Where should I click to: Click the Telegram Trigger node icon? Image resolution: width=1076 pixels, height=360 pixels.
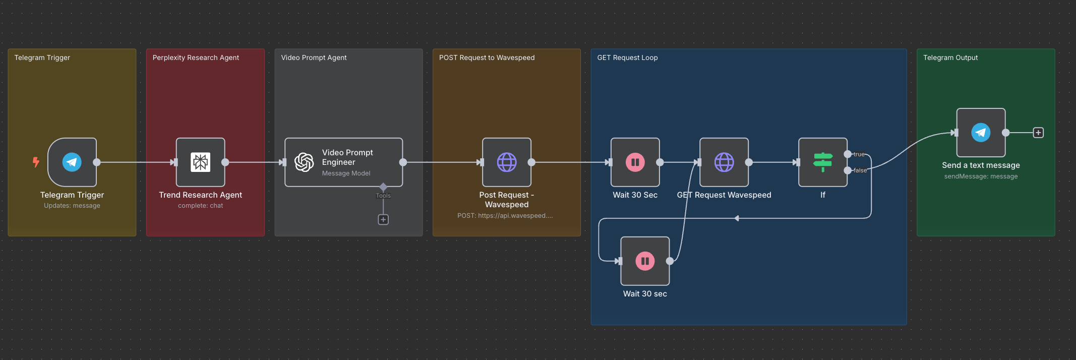[72, 162]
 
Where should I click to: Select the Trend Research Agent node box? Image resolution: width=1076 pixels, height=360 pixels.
[200, 162]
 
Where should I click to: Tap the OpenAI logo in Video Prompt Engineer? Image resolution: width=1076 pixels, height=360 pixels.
[304, 162]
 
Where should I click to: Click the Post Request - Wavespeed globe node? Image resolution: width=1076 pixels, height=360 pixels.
[507, 162]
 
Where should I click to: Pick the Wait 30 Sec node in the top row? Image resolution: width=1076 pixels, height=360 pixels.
[635, 162]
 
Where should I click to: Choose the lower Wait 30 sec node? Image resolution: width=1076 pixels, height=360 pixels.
[645, 261]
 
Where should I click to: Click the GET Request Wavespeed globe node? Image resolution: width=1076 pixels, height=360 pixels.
[724, 162]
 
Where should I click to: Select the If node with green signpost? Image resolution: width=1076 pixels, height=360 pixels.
[822, 162]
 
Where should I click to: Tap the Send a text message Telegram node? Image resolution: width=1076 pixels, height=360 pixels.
[981, 133]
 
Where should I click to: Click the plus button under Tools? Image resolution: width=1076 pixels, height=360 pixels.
[383, 219]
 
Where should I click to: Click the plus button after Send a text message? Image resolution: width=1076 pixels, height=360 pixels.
[1038, 133]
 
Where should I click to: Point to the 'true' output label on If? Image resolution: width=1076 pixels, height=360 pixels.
[859, 154]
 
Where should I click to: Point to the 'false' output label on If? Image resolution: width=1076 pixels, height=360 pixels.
[860, 170]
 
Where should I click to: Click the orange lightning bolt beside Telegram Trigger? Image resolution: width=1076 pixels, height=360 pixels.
[36, 162]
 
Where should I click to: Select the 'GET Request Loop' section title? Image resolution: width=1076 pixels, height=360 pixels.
[627, 57]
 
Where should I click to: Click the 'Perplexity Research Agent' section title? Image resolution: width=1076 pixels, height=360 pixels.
[196, 57]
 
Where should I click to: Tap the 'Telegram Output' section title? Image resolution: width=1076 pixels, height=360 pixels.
[950, 57]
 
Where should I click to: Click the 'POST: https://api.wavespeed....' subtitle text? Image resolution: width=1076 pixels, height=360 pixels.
[505, 216]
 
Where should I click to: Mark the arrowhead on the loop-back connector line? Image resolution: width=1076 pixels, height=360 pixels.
[737, 218]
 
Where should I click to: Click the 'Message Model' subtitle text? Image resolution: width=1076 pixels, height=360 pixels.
[346, 173]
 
